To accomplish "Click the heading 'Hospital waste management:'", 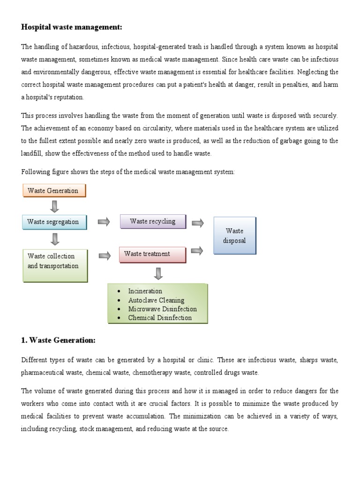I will point(71,27).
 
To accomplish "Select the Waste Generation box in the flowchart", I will point(54,190).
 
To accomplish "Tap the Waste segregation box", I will point(54,222).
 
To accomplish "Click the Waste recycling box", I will point(153,221).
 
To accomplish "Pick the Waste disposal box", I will point(235,236).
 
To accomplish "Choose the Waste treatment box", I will point(152,254).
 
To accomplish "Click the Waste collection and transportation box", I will point(55,265).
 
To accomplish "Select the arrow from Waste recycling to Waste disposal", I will point(198,223).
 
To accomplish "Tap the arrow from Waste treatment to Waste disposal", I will point(198,251).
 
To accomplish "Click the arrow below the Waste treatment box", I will point(158,273).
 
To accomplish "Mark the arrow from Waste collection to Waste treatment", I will point(105,255).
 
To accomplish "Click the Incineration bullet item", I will point(145,291).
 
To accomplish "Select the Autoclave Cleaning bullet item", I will point(156,300).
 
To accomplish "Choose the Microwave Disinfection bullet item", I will point(162,309).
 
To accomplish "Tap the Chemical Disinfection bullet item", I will point(160,318).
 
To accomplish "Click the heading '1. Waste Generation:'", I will point(58,341).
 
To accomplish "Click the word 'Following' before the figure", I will point(35,172).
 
